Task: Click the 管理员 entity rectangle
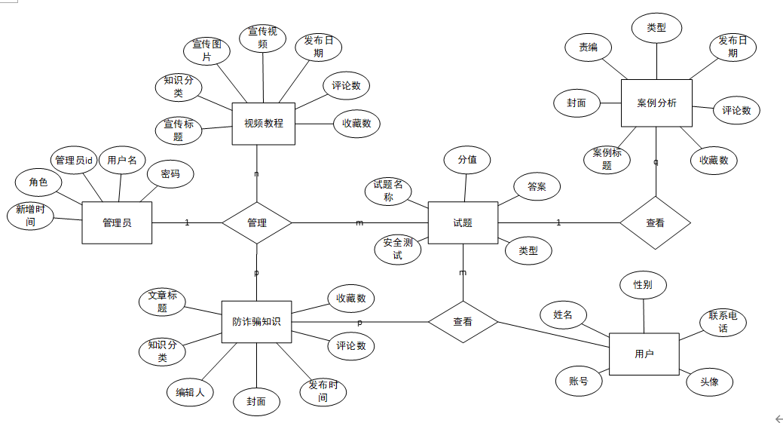click(x=117, y=222)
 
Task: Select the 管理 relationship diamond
click(x=257, y=222)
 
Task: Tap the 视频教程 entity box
click(x=263, y=123)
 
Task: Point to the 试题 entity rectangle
click(x=463, y=222)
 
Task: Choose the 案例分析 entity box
click(x=656, y=103)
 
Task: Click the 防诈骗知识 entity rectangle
click(x=256, y=322)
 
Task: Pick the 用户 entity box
click(x=644, y=353)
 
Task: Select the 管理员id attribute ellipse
click(x=74, y=160)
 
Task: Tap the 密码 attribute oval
click(x=170, y=174)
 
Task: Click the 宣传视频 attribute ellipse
click(x=263, y=38)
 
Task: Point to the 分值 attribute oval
click(x=467, y=160)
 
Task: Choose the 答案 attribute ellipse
click(x=537, y=187)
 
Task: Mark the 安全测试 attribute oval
click(x=398, y=249)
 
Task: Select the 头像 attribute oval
click(x=710, y=382)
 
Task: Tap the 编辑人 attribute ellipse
click(x=190, y=392)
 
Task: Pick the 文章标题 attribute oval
click(x=162, y=302)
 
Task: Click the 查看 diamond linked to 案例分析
click(x=655, y=222)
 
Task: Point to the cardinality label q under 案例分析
click(x=655, y=161)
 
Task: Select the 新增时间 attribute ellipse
click(x=30, y=216)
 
